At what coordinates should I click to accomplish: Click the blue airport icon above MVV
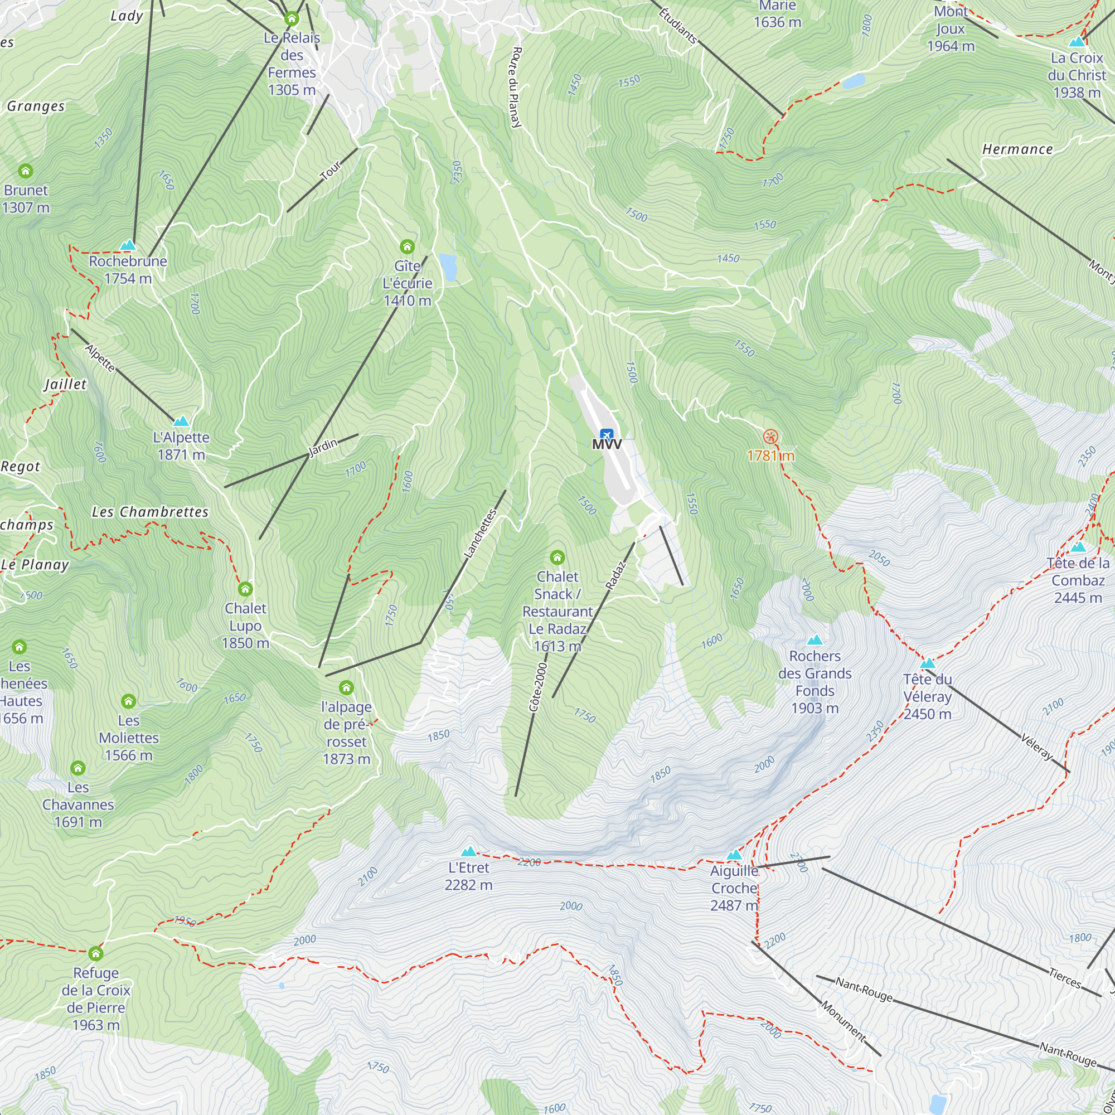[606, 434]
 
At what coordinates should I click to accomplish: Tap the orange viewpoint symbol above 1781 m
[770, 437]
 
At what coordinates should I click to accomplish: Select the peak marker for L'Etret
[469, 851]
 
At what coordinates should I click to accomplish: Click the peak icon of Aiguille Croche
[734, 855]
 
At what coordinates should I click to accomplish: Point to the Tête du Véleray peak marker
[927, 663]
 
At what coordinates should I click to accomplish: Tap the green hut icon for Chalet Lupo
[245, 589]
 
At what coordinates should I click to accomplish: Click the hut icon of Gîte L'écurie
[407, 247]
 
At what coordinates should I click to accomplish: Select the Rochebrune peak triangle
[128, 245]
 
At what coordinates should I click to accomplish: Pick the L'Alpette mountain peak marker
[181, 421]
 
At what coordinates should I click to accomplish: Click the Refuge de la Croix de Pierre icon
[96, 953]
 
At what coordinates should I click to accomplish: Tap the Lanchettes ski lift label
[480, 534]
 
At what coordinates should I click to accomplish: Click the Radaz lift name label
[615, 575]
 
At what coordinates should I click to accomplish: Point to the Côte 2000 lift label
[537, 687]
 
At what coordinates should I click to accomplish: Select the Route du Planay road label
[515, 87]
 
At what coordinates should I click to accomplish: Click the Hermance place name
[1017, 149]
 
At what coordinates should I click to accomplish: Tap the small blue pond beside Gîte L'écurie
[448, 267]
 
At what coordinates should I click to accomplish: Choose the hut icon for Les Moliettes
[128, 701]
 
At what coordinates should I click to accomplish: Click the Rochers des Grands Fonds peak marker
[815, 640]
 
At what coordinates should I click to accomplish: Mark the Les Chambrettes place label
[150, 512]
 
